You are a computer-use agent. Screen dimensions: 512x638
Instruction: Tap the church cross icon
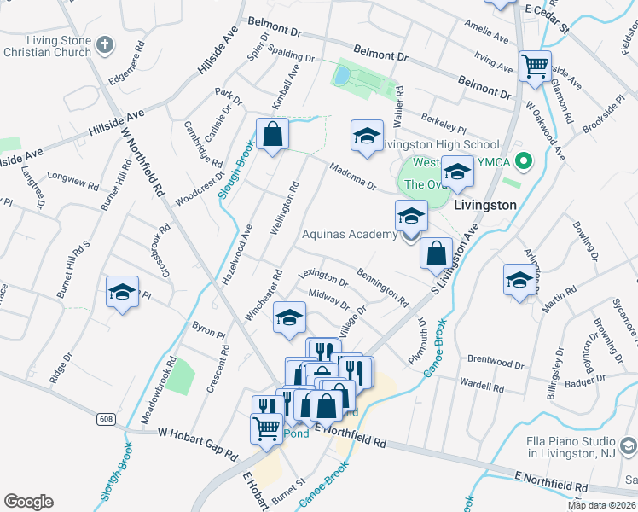coord(104,45)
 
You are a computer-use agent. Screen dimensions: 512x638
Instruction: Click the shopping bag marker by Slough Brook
coord(272,134)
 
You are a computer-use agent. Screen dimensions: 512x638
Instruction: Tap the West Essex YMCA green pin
coord(525,160)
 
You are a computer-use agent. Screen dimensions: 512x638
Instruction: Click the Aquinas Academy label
coord(351,234)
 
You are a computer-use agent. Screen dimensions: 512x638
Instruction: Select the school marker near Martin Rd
coord(519,279)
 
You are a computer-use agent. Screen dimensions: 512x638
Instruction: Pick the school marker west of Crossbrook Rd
coord(122,292)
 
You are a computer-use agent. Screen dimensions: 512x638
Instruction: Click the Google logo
coord(28,502)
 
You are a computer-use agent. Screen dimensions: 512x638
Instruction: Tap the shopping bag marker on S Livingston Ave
coord(436,253)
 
